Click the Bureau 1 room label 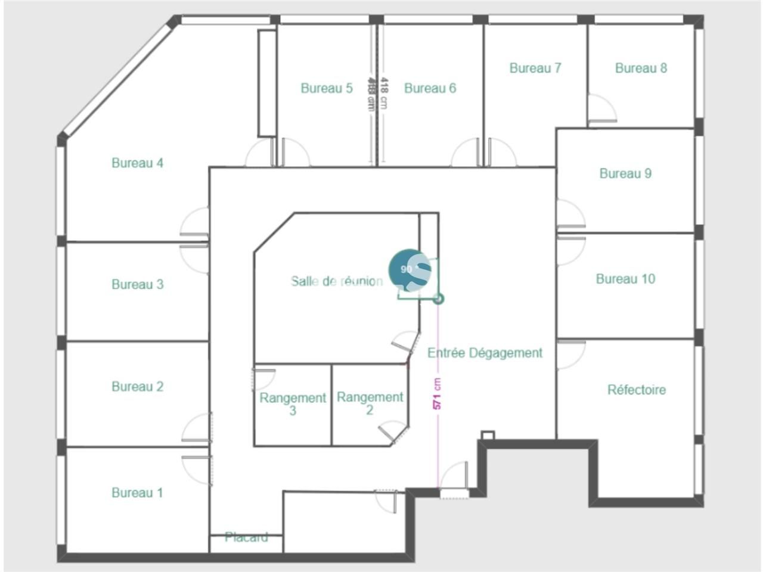pos(137,493)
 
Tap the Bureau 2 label pos(137,387)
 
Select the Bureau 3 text pos(137,284)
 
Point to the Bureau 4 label pos(137,163)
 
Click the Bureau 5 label pos(326,88)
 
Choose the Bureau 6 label pos(430,88)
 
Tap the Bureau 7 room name pos(535,68)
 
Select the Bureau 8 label pos(641,68)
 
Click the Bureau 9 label pos(625,173)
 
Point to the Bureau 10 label pos(625,279)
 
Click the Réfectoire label pos(636,390)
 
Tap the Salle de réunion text pos(337,281)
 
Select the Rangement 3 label pos(293,403)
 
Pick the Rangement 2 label pos(370,403)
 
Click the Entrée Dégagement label pos(485,353)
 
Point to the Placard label pos(246,537)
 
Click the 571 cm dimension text pos(437,394)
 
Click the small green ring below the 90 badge pos(439,299)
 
